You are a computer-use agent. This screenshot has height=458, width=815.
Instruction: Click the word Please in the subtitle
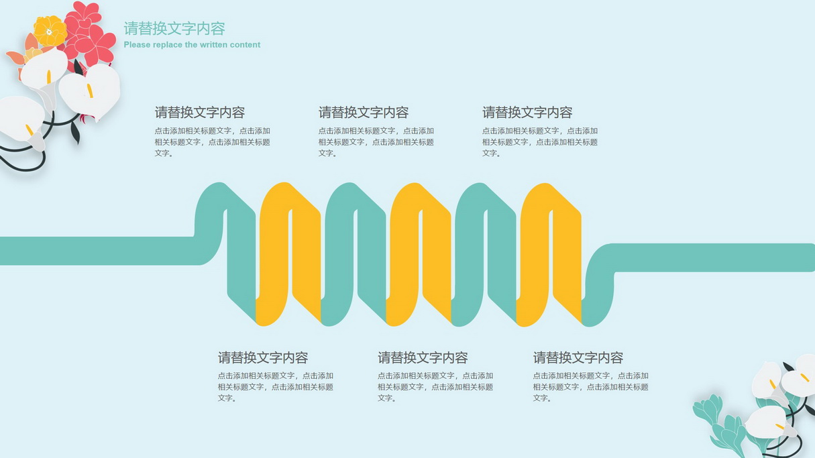tap(137, 45)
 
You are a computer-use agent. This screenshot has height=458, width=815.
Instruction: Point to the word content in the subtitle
tap(245, 45)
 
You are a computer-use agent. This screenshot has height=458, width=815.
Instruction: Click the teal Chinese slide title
tap(174, 28)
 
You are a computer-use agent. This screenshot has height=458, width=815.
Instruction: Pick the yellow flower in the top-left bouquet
tap(50, 32)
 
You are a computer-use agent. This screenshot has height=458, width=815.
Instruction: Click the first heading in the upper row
tap(200, 113)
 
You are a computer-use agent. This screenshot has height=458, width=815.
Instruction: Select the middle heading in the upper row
tap(364, 113)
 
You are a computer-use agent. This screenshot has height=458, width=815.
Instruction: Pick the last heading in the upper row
tap(527, 113)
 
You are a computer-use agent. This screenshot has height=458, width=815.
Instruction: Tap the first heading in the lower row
tap(263, 357)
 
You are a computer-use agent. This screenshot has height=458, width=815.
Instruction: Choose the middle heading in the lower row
tap(423, 357)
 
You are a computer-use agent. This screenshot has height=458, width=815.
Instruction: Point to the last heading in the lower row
tap(578, 357)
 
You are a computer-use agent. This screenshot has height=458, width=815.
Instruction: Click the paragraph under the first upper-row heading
tap(213, 142)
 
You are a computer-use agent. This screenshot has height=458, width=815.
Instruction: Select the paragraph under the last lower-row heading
tap(591, 387)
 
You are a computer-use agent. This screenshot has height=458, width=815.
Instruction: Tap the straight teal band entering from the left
tap(97, 251)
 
